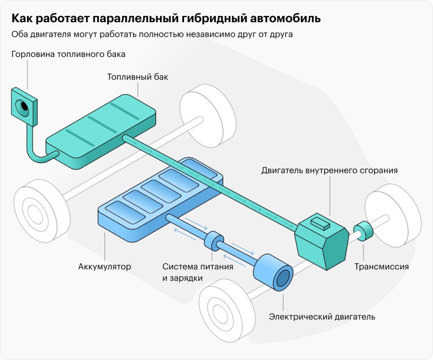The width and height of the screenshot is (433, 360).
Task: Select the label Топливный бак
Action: (x=138, y=77)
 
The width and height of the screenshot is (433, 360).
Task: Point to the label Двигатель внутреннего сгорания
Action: (x=329, y=170)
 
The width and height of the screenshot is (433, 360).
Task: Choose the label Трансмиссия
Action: (x=381, y=267)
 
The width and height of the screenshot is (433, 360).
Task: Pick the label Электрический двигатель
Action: (x=322, y=316)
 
